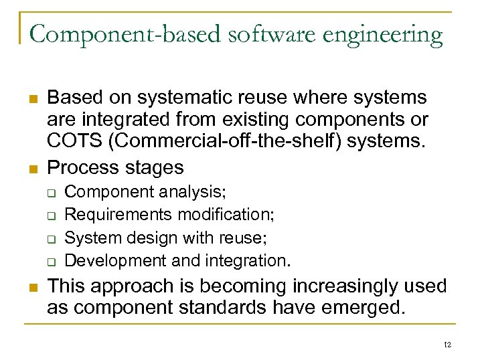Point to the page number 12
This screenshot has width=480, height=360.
click(447, 345)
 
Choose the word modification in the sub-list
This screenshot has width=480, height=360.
click(228, 215)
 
